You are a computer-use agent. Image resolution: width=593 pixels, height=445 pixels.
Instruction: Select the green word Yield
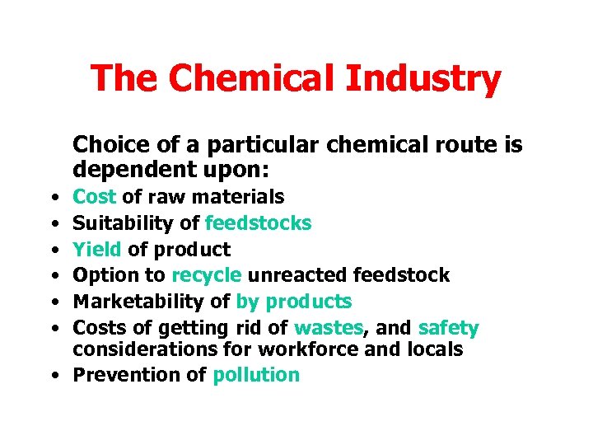tap(97, 249)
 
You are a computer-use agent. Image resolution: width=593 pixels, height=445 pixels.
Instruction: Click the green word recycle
tap(207, 275)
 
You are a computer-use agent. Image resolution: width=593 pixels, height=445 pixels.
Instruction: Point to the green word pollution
tap(256, 375)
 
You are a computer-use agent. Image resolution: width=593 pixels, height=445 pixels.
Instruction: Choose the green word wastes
tap(329, 328)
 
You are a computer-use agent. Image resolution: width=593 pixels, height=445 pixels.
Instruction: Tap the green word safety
tap(448, 328)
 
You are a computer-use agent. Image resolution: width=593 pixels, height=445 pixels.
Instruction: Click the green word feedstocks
tap(259, 222)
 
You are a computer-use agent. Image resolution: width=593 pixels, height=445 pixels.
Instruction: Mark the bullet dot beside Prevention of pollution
tap(53, 376)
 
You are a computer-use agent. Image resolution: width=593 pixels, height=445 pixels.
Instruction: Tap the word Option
tap(103, 275)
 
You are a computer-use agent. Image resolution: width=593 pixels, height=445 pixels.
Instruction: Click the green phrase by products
tap(294, 302)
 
